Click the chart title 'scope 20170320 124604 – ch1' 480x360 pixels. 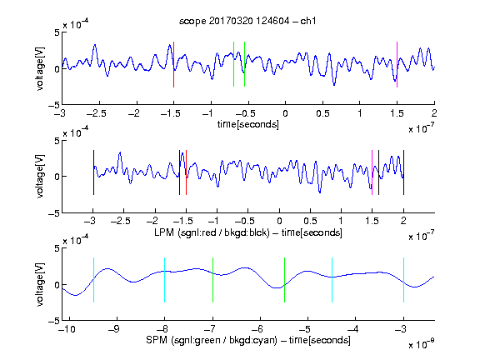[x=247, y=21]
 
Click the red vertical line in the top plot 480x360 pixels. [x=173, y=65]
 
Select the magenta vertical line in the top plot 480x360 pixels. [x=397, y=65]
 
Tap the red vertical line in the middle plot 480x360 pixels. [x=186, y=172]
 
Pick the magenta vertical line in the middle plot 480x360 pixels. [x=372, y=172]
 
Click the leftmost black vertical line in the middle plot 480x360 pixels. [x=93, y=172]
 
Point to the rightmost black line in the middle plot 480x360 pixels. [x=403, y=172]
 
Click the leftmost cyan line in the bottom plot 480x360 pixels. [x=93, y=280]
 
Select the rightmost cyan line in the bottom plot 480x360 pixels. [x=403, y=280]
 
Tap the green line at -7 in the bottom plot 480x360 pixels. [x=212, y=280]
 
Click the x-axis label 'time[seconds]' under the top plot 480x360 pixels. [x=248, y=124]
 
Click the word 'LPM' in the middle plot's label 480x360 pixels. [x=164, y=232]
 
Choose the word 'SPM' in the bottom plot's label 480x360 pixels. [x=157, y=340]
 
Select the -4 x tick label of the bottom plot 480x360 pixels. [x=353, y=329]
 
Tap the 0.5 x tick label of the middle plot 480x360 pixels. [x=310, y=222]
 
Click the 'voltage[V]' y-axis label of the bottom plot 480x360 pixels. [x=40, y=284]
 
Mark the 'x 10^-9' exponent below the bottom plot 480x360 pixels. [x=421, y=344]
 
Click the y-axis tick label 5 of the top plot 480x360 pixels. [x=57, y=32]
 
